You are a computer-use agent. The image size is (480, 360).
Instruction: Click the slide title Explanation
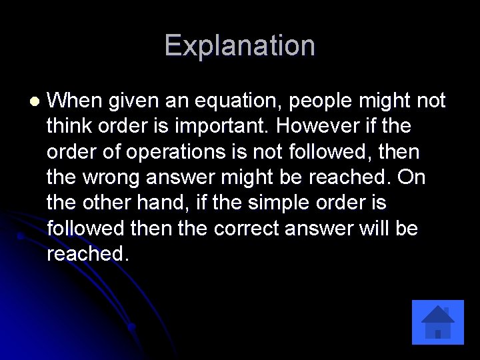pos(239,45)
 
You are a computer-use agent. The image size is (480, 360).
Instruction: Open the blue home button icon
pos(437,322)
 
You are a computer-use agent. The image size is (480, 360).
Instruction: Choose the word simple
pos(302,202)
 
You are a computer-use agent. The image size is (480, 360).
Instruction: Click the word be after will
pos(405,228)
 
